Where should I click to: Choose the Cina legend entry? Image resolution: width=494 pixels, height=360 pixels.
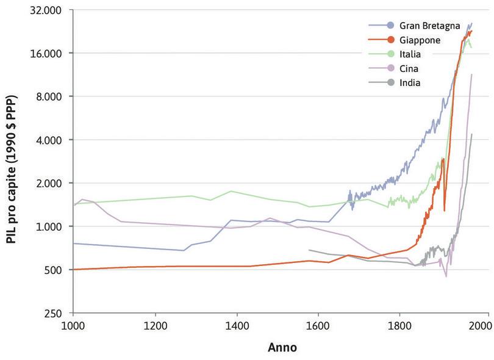[409, 68]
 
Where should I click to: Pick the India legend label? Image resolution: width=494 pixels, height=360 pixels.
[410, 82]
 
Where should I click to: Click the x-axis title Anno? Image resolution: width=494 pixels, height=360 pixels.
[282, 348]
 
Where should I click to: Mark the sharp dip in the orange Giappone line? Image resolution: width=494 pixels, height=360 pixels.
[444, 210]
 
